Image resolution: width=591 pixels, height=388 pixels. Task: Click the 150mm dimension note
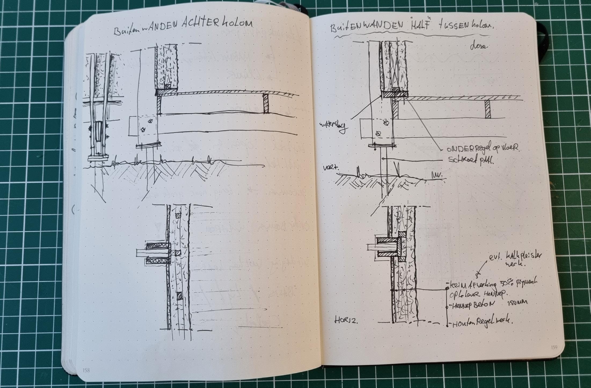[517, 302]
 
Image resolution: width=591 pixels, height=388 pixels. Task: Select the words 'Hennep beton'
[469, 305]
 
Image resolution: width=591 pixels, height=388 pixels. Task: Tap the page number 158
[86, 370]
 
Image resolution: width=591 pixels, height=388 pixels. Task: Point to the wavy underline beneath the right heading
[411, 36]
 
